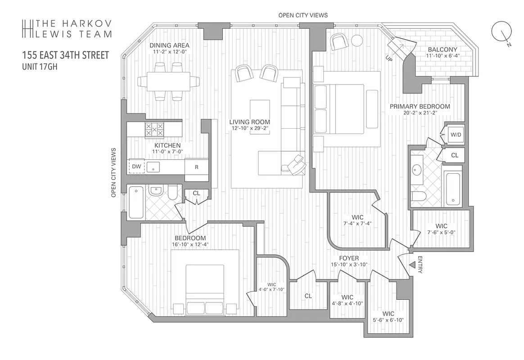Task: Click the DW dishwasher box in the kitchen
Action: pyautogui.click(x=137, y=166)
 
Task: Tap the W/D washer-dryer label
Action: pyautogui.click(x=455, y=134)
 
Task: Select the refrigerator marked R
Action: pyautogui.click(x=197, y=167)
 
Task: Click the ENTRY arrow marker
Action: pyautogui.click(x=411, y=266)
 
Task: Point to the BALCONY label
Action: pyautogui.click(x=443, y=49)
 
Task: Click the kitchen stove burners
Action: pyautogui.click(x=154, y=130)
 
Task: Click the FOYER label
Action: pyautogui.click(x=349, y=258)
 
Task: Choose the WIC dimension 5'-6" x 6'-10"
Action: pyautogui.click(x=388, y=320)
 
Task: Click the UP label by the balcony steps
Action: pyautogui.click(x=389, y=58)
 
